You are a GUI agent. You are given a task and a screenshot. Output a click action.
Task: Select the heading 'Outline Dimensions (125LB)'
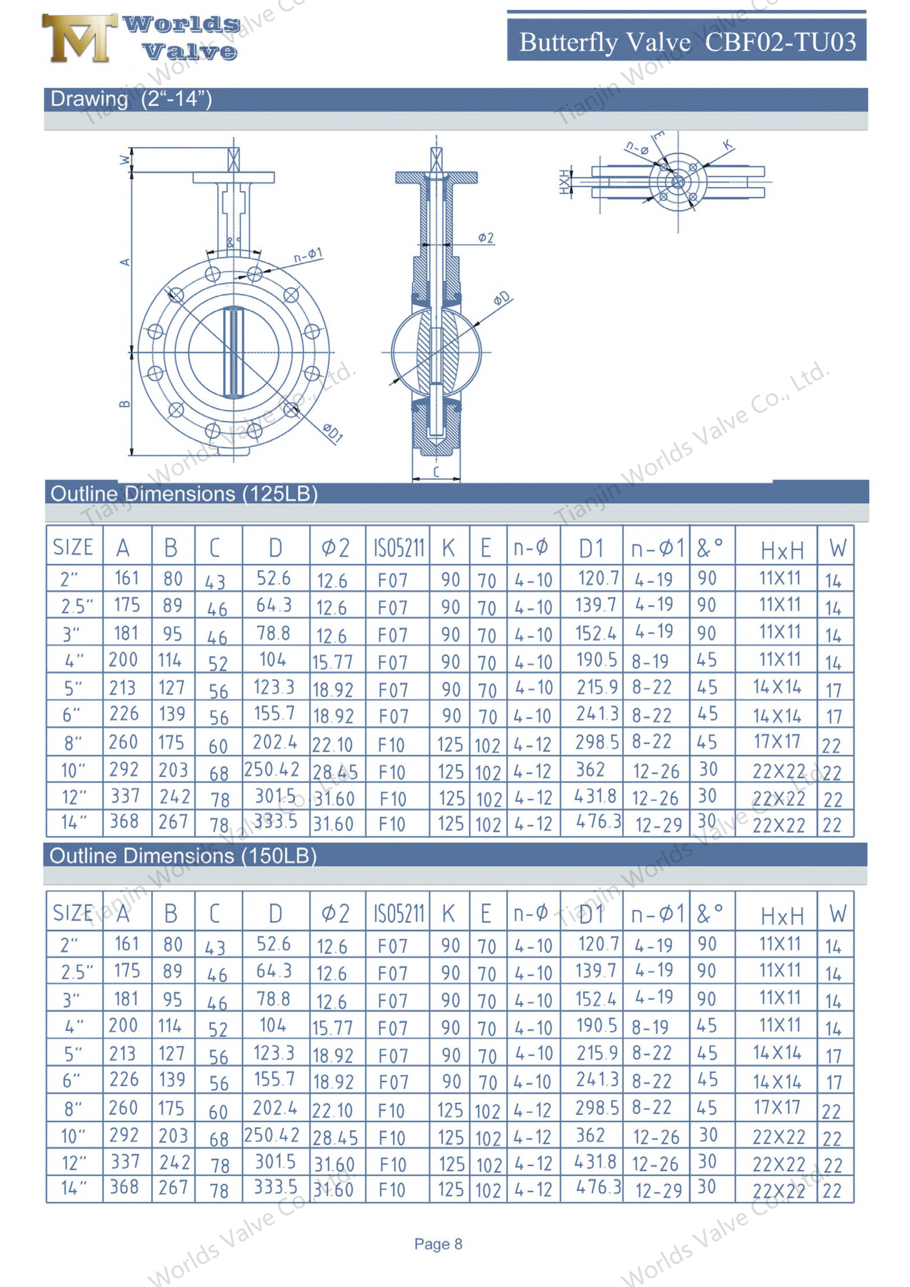pos(184,494)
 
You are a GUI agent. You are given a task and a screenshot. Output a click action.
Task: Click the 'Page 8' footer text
pos(438,1244)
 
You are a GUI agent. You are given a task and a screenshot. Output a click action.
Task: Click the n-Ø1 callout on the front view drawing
pos(308,255)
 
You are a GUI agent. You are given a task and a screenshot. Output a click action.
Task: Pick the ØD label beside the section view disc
pos(502,298)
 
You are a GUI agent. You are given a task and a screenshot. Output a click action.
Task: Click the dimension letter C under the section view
pos(436,472)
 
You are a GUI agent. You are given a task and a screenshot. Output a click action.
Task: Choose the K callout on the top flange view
pos(727,145)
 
